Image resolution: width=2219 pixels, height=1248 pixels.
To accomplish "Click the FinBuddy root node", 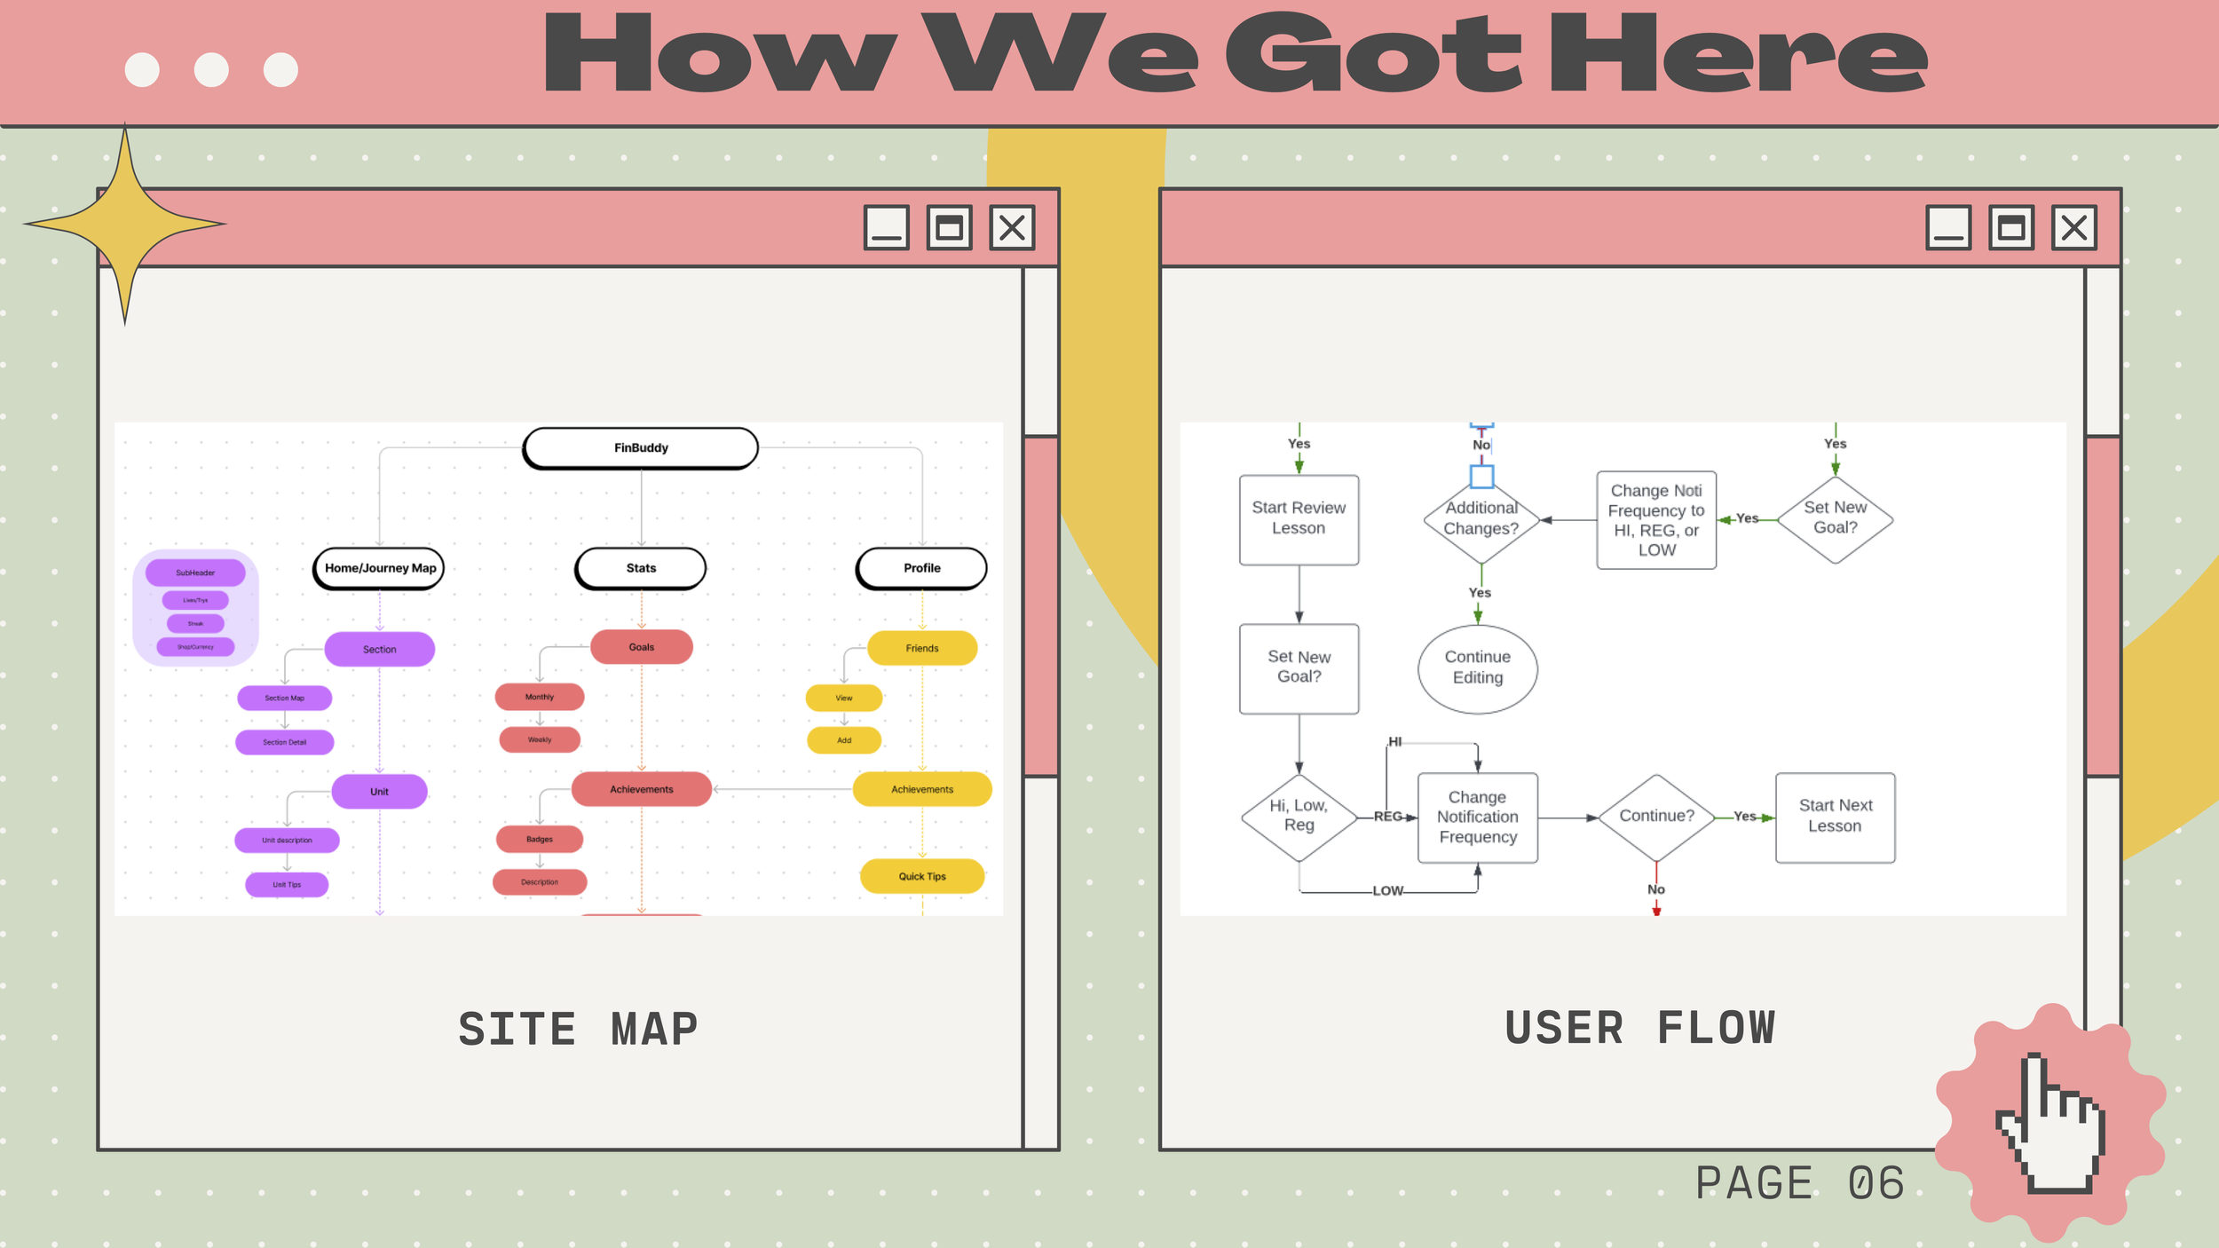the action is pyautogui.click(x=641, y=448).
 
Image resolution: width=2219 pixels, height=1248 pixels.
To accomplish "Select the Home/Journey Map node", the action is pyautogui.click(x=380, y=568).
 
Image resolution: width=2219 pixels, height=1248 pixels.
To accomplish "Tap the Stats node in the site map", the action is pyautogui.click(x=641, y=568).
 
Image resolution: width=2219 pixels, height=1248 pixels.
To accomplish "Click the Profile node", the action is pyautogui.click(x=922, y=568).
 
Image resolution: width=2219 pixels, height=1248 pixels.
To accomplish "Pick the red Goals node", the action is pyautogui.click(x=641, y=647).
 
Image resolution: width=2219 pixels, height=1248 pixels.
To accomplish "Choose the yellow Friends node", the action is pyautogui.click(x=922, y=648).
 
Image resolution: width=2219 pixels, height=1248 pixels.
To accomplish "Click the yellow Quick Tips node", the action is pyautogui.click(x=922, y=876).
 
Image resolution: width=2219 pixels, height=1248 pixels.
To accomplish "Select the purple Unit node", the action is pyautogui.click(x=379, y=791).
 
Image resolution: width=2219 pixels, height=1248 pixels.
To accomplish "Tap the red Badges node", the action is pyautogui.click(x=540, y=839).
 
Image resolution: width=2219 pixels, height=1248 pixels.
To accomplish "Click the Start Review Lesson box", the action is pyautogui.click(x=1299, y=519).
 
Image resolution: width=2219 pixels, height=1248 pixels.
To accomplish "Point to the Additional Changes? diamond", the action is pyautogui.click(x=1481, y=519).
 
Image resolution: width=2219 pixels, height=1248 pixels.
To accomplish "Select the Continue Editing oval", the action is pyautogui.click(x=1478, y=668).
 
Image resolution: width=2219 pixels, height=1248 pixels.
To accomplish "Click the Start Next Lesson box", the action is pyautogui.click(x=1835, y=817).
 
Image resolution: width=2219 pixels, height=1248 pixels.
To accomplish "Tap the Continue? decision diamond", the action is pyautogui.click(x=1656, y=817).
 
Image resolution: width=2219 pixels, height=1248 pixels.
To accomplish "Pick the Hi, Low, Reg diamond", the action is pyautogui.click(x=1299, y=817).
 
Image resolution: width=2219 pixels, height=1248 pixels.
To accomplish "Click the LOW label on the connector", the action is pyautogui.click(x=1387, y=890).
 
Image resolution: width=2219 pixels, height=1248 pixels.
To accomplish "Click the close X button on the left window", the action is pyautogui.click(x=1012, y=228).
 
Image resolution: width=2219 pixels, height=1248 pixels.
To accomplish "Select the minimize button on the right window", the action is pyautogui.click(x=1948, y=228).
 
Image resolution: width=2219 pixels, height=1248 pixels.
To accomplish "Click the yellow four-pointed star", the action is pyautogui.click(x=125, y=224).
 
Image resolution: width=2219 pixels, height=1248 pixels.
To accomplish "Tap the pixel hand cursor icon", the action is pyautogui.click(x=2050, y=1123).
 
